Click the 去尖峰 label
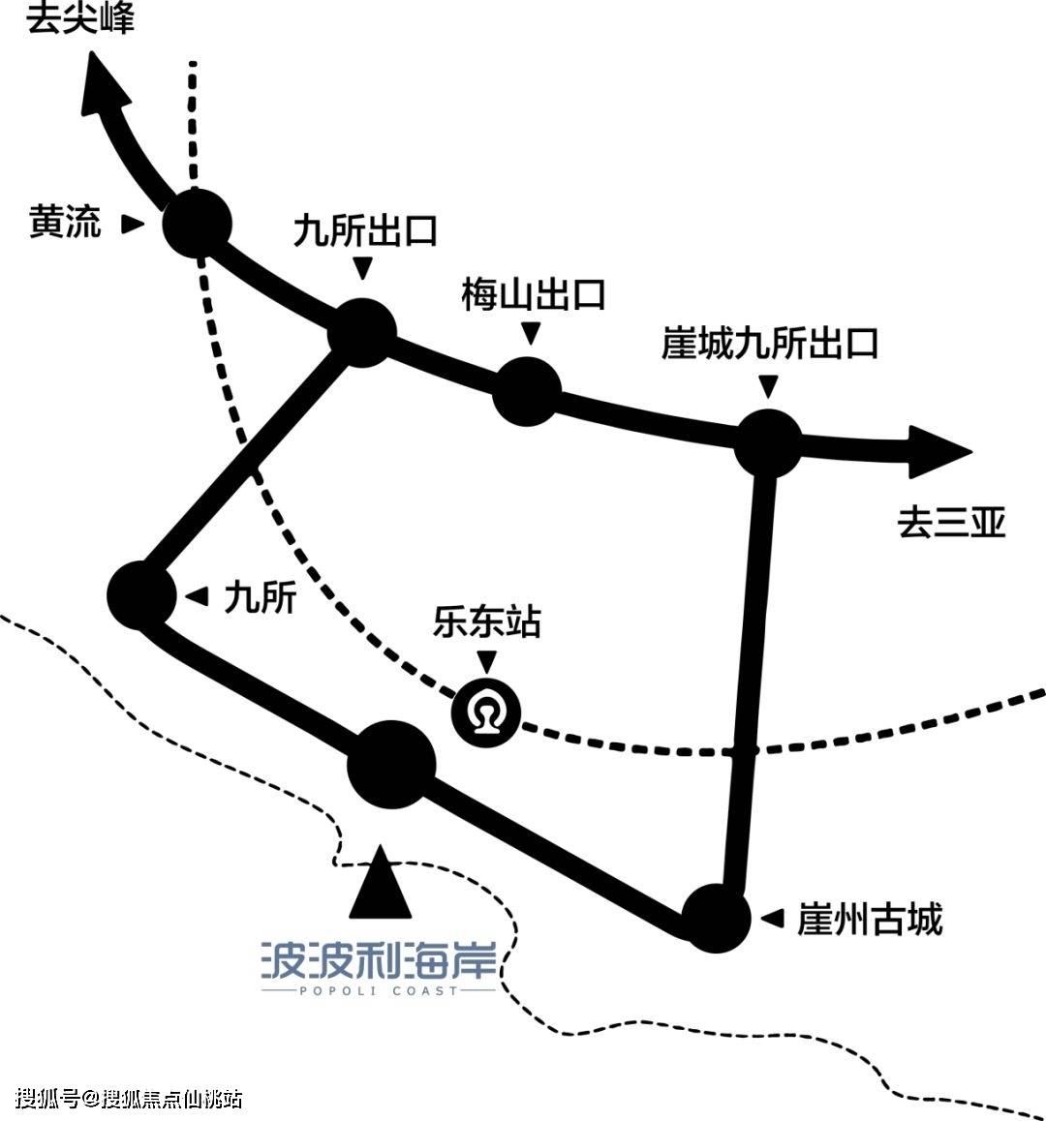pos(80,17)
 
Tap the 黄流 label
pos(65,224)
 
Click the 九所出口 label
pos(365,231)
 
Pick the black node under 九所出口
pos(362,333)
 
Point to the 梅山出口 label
pos(533,294)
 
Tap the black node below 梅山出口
pos(527,391)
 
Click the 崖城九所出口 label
pos(769,344)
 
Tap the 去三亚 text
pos(952,523)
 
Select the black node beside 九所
pos(141,594)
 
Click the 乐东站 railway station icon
pos(486,713)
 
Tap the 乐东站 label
pos(486,621)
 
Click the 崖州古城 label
pos(869,919)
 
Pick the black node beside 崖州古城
pos(717,916)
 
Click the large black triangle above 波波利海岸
pos(381,885)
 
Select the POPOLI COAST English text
pos(378,990)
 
